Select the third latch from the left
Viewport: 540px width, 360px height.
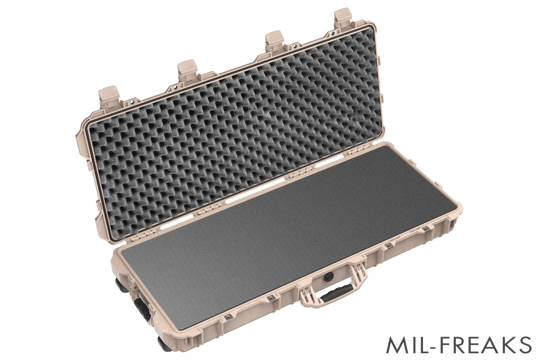(273, 41)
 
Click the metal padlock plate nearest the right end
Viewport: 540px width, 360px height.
(426, 229)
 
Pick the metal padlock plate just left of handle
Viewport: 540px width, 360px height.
(271, 298)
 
